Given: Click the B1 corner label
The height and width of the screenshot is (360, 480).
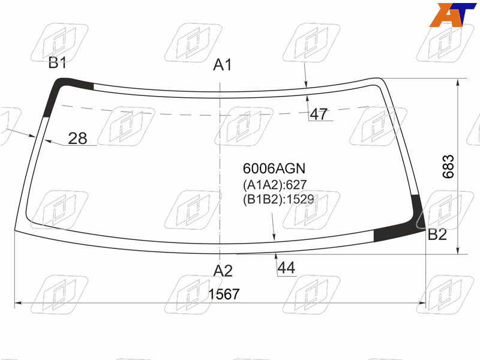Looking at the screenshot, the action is (57, 63).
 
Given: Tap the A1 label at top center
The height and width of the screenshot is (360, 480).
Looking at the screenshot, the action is (223, 65).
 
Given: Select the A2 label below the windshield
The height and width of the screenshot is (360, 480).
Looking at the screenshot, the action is (223, 271).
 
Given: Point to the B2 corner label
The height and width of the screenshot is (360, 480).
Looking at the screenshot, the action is (437, 235).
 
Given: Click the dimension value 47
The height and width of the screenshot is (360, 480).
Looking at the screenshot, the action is (319, 114).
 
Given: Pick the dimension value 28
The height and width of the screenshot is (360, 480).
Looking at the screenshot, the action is (77, 139).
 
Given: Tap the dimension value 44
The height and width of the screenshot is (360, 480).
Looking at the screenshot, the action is (286, 268).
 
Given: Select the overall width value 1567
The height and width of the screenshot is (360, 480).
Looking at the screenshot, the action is (224, 294).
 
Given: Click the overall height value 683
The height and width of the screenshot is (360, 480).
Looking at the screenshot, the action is (448, 167).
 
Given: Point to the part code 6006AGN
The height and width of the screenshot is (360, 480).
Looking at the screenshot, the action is (274, 169).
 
